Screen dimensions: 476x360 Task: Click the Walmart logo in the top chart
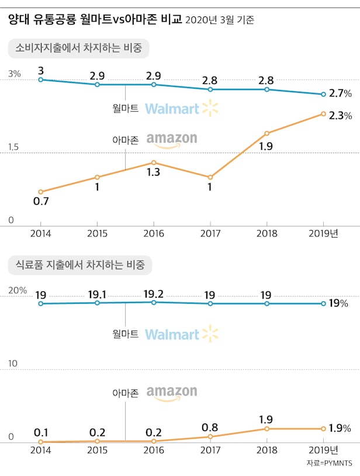pos(181,108)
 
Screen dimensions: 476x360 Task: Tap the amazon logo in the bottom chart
pos(172,393)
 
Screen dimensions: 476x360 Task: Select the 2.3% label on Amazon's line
pos(340,116)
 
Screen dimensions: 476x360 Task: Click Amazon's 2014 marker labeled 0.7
pos(40,192)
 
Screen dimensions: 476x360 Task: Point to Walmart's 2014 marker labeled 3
pos(40,79)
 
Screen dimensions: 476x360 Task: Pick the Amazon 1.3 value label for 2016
pos(153,172)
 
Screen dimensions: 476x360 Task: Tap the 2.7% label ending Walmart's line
pos(340,93)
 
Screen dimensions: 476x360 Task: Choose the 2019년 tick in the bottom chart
pos(326,450)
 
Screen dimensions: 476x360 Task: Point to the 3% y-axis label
pos(15,74)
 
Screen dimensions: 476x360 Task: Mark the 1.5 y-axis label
pos(13,148)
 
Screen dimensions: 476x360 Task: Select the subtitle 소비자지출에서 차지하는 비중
pos(79,48)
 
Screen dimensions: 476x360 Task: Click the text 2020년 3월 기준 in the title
pos(219,20)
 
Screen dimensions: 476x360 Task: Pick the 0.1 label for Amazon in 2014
pos(40,433)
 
